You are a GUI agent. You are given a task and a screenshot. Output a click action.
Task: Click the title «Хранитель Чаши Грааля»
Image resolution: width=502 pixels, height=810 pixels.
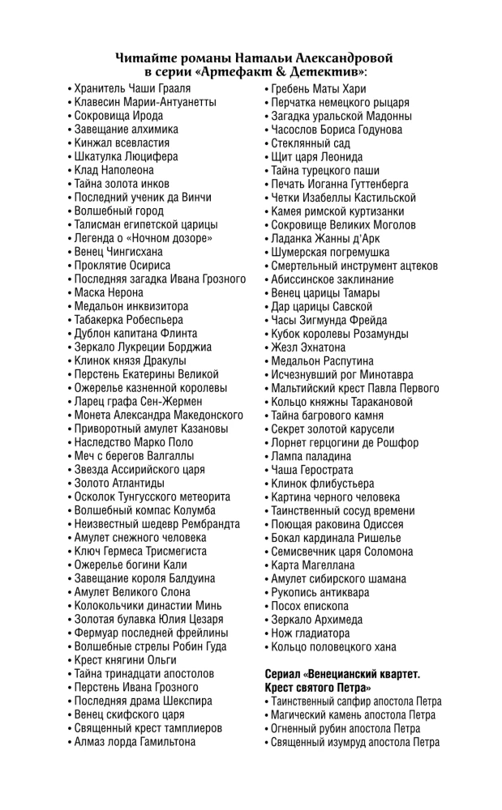[132, 88]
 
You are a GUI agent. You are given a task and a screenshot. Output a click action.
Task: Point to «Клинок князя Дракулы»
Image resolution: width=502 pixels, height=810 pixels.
[130, 360]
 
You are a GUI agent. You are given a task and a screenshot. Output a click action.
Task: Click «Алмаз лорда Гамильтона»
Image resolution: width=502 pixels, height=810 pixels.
[135, 741]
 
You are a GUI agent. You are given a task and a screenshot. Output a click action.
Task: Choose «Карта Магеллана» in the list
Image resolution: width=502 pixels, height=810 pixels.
[313, 565]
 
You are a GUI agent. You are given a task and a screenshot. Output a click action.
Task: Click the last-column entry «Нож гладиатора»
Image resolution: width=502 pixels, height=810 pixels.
[313, 633]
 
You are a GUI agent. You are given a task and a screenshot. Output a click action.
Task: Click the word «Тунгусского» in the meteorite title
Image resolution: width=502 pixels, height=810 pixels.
[153, 497]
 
